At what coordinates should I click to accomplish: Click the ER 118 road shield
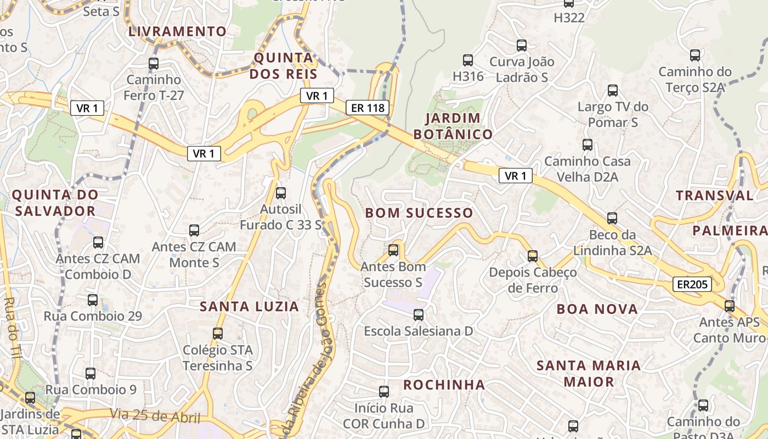point(368,108)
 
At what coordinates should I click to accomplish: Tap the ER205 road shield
point(692,284)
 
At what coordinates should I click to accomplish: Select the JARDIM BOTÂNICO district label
point(453,126)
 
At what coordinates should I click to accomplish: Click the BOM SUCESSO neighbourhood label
point(419,213)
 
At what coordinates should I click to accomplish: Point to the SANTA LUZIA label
point(250,307)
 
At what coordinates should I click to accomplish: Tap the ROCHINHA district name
point(444,385)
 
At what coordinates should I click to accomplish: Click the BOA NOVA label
point(597,309)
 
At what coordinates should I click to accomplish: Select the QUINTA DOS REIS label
point(284,66)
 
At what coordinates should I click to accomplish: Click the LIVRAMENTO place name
point(177,31)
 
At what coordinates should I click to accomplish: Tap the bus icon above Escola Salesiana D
point(419,315)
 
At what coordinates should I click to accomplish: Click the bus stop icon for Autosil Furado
point(281,193)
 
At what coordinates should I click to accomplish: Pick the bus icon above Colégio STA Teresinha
point(218,333)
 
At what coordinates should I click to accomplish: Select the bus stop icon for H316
point(468,60)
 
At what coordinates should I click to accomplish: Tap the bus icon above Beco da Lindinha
point(612,218)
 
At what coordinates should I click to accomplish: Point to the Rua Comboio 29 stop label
point(93,316)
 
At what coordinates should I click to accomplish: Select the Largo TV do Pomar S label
point(613,114)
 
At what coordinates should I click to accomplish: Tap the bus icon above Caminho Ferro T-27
point(154,64)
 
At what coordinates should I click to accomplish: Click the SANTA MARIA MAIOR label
point(589,373)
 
